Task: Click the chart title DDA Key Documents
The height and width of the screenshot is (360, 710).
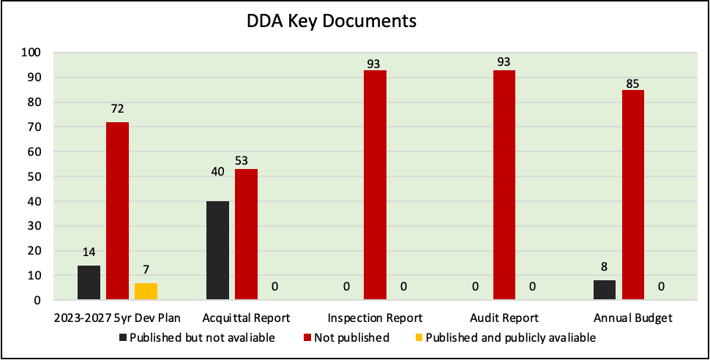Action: [x=331, y=21]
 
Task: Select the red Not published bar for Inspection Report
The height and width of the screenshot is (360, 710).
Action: [x=375, y=185]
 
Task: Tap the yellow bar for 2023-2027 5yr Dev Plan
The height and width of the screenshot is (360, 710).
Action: [x=146, y=291]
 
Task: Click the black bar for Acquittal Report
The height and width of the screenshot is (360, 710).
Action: [x=217, y=250]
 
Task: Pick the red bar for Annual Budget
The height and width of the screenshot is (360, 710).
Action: [x=633, y=195]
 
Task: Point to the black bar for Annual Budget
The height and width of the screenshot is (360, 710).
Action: [x=605, y=290]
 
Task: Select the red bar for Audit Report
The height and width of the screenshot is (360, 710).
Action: [x=504, y=185]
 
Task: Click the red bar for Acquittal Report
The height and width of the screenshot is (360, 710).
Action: [x=246, y=234]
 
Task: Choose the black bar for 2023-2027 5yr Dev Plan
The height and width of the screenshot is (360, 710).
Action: [x=89, y=282]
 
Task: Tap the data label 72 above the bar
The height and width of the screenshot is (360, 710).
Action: [x=118, y=109]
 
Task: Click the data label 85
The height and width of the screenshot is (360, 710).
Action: [x=633, y=83]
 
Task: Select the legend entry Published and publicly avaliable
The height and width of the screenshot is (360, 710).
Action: [x=510, y=338]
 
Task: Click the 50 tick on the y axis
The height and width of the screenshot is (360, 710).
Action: [x=34, y=176]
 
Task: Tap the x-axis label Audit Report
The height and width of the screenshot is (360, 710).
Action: [x=504, y=318]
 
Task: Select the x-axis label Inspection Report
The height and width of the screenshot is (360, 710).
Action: [x=375, y=318]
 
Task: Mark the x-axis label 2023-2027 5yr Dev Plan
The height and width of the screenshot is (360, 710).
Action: [x=117, y=318]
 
